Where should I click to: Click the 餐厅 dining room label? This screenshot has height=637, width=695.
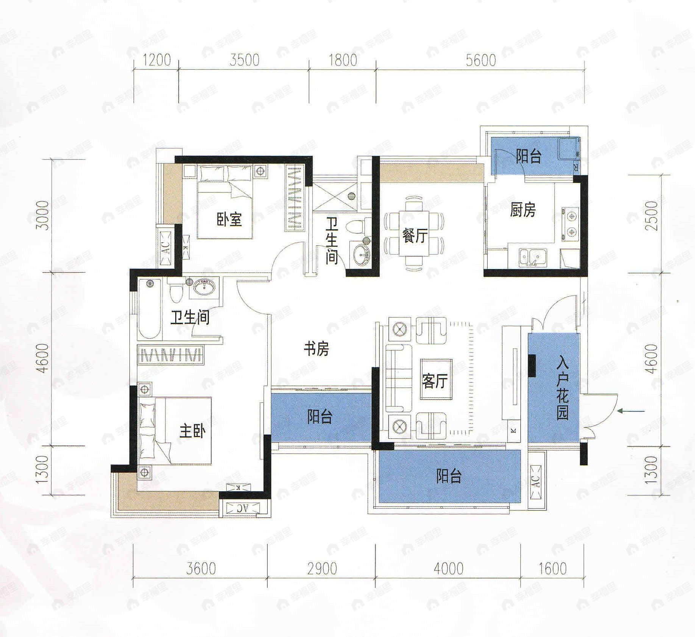coord(415,236)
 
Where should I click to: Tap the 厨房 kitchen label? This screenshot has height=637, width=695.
coord(523,210)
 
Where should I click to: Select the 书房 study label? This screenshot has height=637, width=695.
coord(316,349)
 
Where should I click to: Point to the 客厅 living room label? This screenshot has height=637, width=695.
coord(435,381)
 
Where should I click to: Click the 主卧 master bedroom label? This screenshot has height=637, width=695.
coord(192,431)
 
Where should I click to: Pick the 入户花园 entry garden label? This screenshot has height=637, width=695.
coord(563,389)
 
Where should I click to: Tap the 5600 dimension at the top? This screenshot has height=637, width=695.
coord(480,61)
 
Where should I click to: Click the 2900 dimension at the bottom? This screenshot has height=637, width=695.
coord(322,568)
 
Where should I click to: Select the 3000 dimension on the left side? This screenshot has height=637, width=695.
coord(44,215)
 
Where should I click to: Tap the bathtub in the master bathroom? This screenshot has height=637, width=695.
coord(150,309)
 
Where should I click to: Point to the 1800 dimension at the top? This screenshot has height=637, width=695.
coord(343,61)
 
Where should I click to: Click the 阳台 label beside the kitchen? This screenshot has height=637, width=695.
coord(528,156)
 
